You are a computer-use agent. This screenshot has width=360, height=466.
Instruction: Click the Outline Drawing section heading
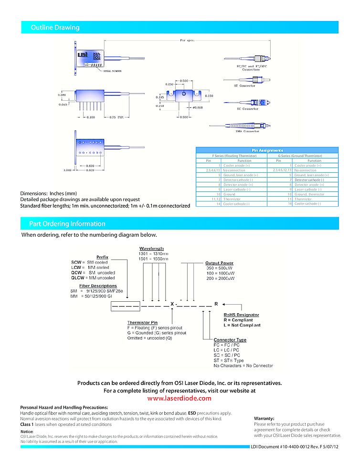(55, 28)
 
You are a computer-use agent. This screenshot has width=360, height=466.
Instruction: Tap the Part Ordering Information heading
(67, 224)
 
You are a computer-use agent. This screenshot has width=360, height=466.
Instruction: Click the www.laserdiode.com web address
(179, 398)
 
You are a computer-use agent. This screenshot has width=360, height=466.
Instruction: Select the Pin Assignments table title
(267, 150)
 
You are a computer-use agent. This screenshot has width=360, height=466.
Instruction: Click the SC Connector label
(247, 109)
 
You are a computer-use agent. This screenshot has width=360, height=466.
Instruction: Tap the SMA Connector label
(247, 131)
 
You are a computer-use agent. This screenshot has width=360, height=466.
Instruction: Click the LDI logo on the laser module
(83, 54)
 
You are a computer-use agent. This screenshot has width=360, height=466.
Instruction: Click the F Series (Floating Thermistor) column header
(234, 156)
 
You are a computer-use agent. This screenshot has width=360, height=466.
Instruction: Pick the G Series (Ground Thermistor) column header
(300, 156)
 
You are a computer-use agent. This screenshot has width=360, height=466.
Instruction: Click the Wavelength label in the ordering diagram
(151, 249)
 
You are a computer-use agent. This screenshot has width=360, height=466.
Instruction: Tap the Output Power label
(219, 263)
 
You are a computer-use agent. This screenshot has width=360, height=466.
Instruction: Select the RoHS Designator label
(241, 315)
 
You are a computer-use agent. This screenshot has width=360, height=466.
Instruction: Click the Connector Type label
(230, 340)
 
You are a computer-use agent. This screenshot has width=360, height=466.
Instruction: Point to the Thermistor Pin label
(142, 323)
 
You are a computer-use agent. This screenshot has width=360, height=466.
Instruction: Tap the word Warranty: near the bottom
(264, 418)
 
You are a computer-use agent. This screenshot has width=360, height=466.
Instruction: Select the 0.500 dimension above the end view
(184, 81)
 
